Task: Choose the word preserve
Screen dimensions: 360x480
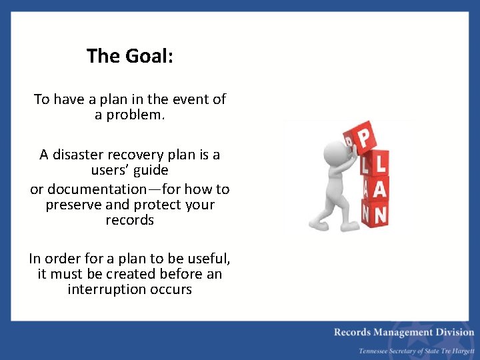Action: click(x=74, y=205)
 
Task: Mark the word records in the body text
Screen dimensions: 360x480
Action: click(x=129, y=220)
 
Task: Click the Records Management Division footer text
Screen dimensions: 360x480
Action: click(x=404, y=332)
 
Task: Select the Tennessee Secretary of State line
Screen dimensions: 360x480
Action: click(x=416, y=351)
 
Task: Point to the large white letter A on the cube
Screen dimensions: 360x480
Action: click(x=379, y=189)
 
